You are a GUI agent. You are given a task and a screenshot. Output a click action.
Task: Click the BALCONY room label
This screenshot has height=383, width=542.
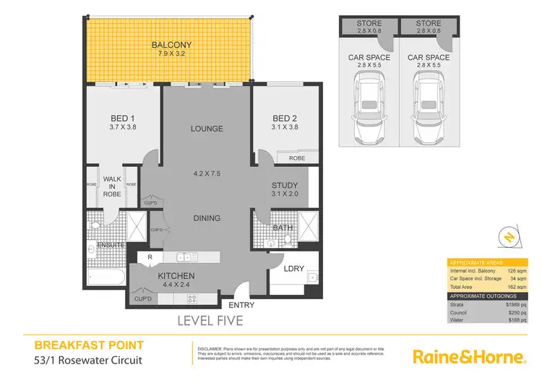166,45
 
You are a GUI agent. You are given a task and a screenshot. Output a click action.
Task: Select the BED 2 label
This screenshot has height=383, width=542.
285,119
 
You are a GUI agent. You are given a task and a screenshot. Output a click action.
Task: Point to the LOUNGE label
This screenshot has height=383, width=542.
206,129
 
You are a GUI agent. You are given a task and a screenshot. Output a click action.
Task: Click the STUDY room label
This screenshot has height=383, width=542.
284,186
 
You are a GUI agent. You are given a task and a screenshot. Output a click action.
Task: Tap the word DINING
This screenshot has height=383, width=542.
206,218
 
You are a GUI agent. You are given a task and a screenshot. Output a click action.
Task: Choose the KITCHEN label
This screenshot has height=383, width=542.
176,276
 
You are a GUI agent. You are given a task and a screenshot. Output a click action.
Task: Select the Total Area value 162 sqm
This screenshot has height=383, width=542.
515,287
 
